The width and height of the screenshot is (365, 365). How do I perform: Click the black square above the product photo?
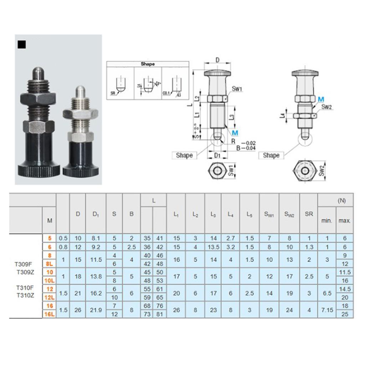(22, 45)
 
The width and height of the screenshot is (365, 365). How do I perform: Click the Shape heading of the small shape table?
(148, 64)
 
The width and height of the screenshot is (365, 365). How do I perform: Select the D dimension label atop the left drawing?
(217, 60)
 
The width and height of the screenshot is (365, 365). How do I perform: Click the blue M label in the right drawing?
(321, 99)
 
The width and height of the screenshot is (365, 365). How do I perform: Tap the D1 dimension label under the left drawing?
(217, 155)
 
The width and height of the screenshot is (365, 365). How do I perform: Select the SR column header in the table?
(309, 214)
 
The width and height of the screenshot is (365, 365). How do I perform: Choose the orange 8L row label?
(49, 264)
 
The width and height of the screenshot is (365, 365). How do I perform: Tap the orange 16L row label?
(49, 314)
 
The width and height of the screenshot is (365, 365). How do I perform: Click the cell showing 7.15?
(327, 310)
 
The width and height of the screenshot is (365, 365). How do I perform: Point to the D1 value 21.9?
(96, 310)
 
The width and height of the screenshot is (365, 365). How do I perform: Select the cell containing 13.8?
(96, 276)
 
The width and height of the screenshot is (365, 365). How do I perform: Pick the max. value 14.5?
(344, 289)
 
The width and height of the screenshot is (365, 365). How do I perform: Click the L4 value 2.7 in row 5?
(230, 238)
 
